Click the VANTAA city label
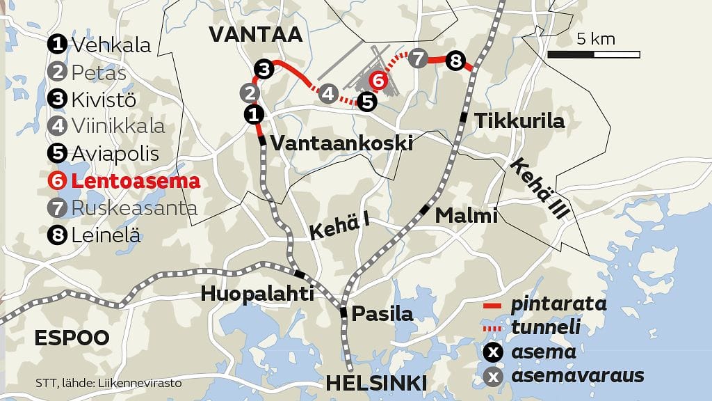click(255, 35)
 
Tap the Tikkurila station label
click(519, 121)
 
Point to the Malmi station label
click(467, 216)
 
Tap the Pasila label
click(382, 313)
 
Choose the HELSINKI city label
click(375, 383)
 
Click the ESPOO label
click(72, 338)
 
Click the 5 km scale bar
click(593, 54)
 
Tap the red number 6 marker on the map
click(378, 81)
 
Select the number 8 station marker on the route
click(455, 61)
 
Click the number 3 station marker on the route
click(264, 68)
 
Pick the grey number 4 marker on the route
click(328, 94)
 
